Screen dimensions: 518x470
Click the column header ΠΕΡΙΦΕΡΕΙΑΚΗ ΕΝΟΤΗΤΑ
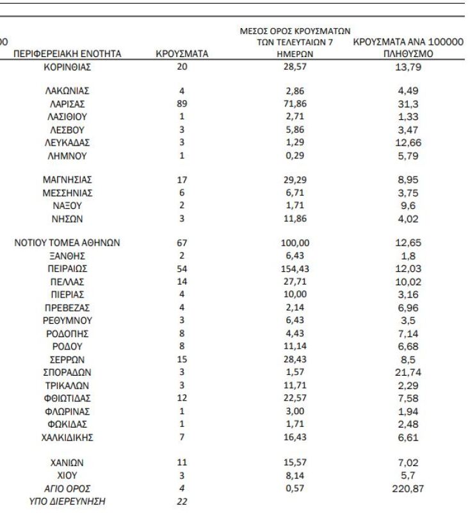pyautogui.click(x=67, y=54)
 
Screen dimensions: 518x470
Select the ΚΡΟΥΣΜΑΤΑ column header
pyautogui.click(x=182, y=54)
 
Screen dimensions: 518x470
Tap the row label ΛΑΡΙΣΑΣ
pyautogui.click(x=67, y=104)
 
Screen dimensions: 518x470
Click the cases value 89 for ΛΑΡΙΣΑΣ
pyautogui.click(x=182, y=104)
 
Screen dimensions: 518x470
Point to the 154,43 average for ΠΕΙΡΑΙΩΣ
pyautogui.click(x=295, y=269)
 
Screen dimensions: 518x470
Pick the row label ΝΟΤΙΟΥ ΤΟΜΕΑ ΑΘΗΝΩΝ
pyautogui.click(x=67, y=243)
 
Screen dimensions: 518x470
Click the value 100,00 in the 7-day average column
pyautogui.click(x=295, y=243)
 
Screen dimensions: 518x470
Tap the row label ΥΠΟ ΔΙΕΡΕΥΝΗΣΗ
pyautogui.click(x=67, y=501)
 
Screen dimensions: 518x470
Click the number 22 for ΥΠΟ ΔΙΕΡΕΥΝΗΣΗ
pyautogui.click(x=182, y=501)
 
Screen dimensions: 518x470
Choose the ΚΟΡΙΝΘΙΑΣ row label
pyautogui.click(x=67, y=66)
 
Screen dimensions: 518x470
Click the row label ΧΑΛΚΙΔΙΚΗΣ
pyautogui.click(x=67, y=437)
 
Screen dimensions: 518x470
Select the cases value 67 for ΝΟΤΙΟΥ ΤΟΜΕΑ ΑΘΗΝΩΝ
pyautogui.click(x=182, y=243)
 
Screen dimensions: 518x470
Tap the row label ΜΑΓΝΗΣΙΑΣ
pyautogui.click(x=67, y=180)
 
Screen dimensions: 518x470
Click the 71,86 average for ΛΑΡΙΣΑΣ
pyautogui.click(x=295, y=104)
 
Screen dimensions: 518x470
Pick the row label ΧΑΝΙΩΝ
pyautogui.click(x=67, y=462)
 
